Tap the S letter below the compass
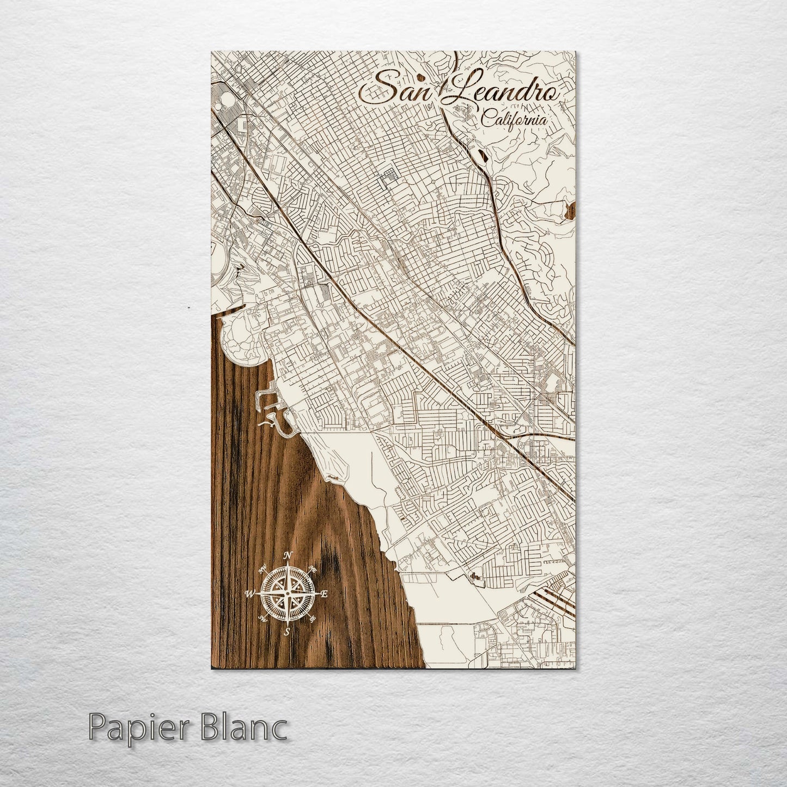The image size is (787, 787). [x=287, y=632]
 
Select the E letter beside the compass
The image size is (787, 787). [x=324, y=595]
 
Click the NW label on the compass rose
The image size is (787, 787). [x=263, y=570]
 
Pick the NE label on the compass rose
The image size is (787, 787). [x=313, y=569]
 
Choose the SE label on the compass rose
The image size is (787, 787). [x=312, y=619]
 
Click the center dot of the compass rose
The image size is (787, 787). [x=288, y=593]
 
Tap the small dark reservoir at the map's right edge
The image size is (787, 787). [x=571, y=210]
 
